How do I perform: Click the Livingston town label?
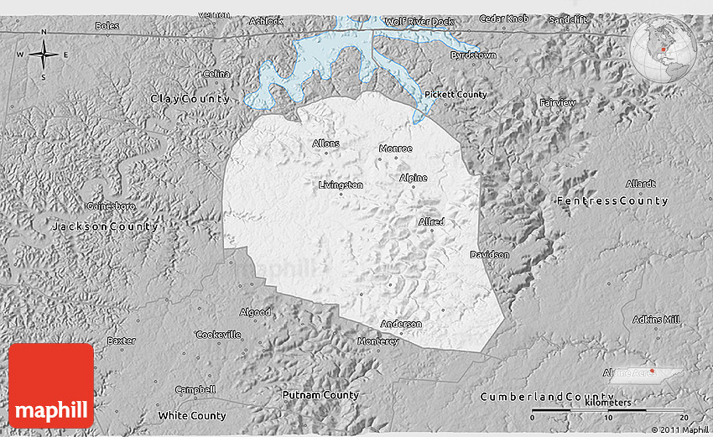coord(341,185)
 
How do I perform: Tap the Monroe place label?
coord(396,148)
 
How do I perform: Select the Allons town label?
coord(325,143)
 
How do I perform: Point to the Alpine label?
coord(413,178)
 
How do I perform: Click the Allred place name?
coord(430,221)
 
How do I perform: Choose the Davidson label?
coord(489,254)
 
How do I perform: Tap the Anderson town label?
coord(401,324)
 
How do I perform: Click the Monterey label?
coord(378,341)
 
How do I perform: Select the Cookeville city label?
coord(218,334)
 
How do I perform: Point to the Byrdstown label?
coord(473,55)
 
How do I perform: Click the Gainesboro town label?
coord(112,205)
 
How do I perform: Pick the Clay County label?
coord(190,99)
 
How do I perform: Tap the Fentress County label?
coord(612,201)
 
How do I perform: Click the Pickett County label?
coord(455,95)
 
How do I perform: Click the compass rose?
coord(44,55)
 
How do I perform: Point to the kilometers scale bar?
coord(609,410)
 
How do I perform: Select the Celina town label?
coord(216,74)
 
